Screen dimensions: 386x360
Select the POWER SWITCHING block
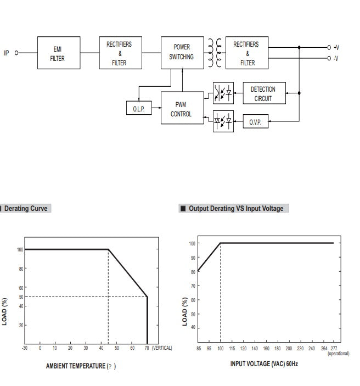(x=181, y=53)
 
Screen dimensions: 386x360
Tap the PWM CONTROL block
(x=181, y=108)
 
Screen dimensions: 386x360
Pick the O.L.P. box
(x=138, y=109)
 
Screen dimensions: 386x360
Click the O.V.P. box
(x=255, y=121)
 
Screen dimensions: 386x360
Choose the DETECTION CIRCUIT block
(x=263, y=93)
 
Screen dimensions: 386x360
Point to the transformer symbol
(x=215, y=53)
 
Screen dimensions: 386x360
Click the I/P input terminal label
(x=7, y=53)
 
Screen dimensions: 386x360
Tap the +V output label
(x=336, y=48)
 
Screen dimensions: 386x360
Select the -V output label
(x=336, y=58)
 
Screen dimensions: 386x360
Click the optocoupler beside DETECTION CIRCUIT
(x=223, y=93)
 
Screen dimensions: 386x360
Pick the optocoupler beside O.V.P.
(x=223, y=121)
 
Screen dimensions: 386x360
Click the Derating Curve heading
(x=26, y=209)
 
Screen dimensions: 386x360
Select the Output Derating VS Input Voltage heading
(x=236, y=209)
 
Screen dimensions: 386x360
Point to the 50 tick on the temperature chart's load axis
(x=21, y=297)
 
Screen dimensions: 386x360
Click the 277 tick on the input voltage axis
(x=334, y=348)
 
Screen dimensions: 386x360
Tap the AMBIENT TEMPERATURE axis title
(x=80, y=366)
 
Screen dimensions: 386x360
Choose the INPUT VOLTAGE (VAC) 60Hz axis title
(x=264, y=363)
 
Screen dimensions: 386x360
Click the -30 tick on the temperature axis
(x=24, y=348)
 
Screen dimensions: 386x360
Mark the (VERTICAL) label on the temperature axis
(x=162, y=348)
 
